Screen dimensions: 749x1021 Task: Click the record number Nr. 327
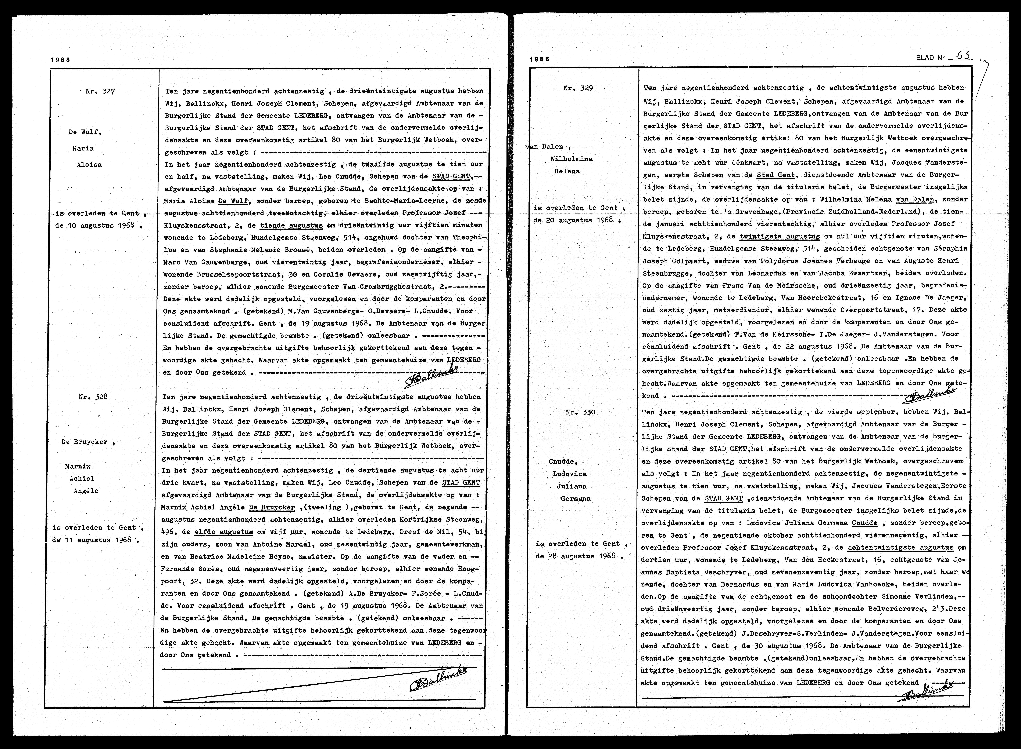tap(100, 91)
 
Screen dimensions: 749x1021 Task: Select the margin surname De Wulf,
tap(84, 132)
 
